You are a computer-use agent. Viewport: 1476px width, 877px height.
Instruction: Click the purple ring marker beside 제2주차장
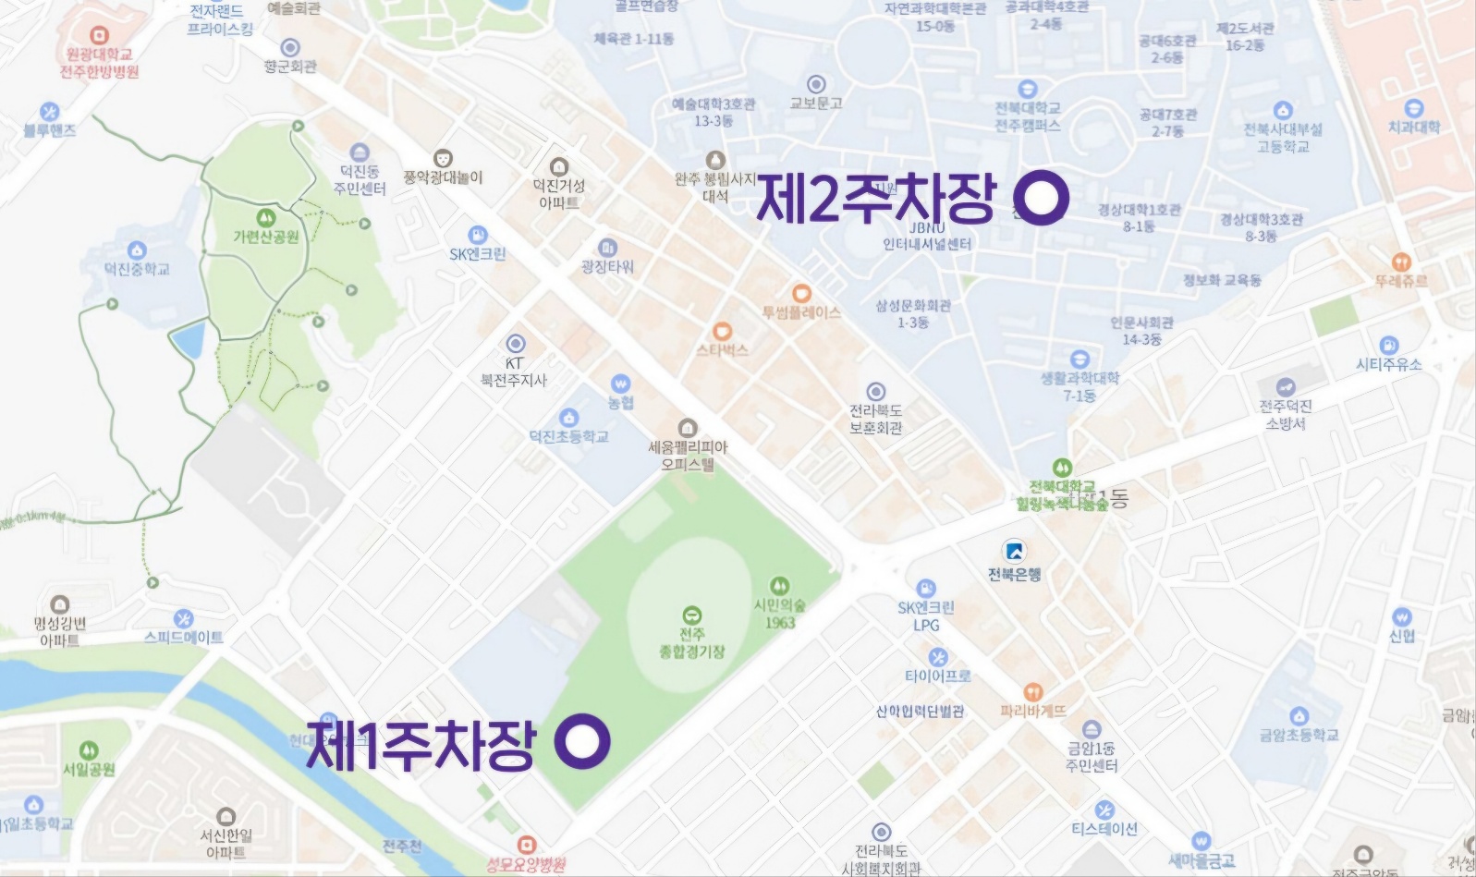click(x=1042, y=198)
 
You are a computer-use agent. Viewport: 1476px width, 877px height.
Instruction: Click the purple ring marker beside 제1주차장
click(x=582, y=742)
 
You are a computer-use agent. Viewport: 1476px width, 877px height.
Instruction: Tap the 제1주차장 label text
click(x=421, y=744)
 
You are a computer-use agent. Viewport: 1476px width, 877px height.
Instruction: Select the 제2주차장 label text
click(x=876, y=198)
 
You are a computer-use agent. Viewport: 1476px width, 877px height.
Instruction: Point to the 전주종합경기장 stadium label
click(x=691, y=643)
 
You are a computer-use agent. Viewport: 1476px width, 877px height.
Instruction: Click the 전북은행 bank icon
click(x=1014, y=552)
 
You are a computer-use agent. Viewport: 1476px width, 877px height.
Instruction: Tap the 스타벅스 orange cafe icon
click(x=723, y=332)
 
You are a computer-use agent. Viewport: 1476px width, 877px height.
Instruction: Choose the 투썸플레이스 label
click(x=801, y=313)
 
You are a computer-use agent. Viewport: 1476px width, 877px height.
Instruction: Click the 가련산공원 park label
click(x=265, y=238)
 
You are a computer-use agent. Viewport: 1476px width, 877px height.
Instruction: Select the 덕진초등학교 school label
click(x=569, y=436)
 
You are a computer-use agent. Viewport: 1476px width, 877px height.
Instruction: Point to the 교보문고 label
click(x=815, y=104)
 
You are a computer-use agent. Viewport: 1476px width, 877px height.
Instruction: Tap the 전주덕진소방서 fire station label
click(x=1286, y=415)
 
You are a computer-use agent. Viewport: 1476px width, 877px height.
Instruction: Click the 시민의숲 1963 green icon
click(x=779, y=586)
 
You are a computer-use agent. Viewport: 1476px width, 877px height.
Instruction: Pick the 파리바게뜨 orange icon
click(x=1032, y=692)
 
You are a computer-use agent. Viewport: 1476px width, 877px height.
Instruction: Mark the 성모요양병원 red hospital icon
click(x=526, y=845)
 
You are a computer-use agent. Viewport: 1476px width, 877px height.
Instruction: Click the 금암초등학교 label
click(x=1299, y=736)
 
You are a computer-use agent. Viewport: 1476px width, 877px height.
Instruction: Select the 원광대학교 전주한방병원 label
click(x=100, y=63)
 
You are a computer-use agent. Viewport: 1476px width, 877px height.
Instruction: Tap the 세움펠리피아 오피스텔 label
click(x=687, y=456)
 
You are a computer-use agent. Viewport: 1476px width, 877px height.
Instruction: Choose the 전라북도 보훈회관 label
click(x=875, y=419)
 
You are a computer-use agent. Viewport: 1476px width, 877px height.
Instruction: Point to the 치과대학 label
click(x=1413, y=128)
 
